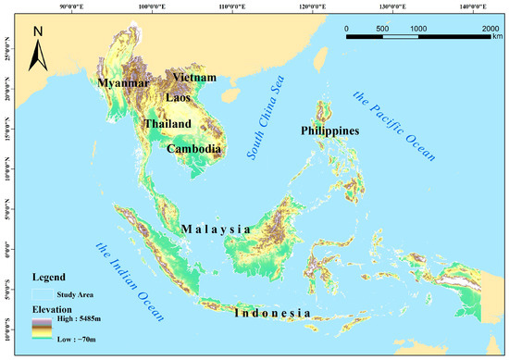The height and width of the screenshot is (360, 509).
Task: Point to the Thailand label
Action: [168, 124]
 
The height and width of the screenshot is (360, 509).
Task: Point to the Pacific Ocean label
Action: [392, 124]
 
